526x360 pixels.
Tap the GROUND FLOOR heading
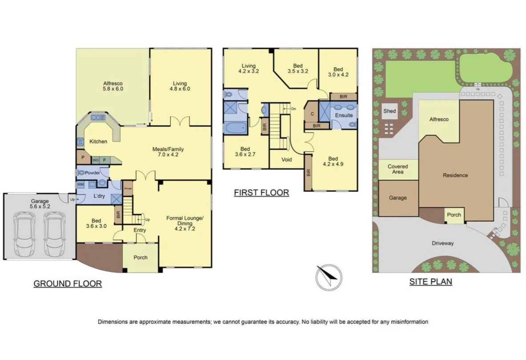pyautogui.click(x=68, y=283)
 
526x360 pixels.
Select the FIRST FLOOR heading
pyautogui.click(x=261, y=193)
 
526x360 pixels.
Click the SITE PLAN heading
pyautogui.click(x=430, y=281)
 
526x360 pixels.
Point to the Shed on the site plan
pyautogui.click(x=389, y=111)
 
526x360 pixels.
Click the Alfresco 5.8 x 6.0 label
pyautogui.click(x=112, y=86)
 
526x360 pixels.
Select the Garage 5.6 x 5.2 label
pyautogui.click(x=40, y=204)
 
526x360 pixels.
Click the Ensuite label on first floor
pyautogui.click(x=344, y=115)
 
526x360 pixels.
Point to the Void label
pyautogui.click(x=287, y=159)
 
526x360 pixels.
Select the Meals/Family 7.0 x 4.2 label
pyautogui.click(x=168, y=152)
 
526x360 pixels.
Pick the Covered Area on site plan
pyautogui.click(x=398, y=169)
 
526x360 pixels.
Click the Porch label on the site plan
pyautogui.click(x=454, y=215)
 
